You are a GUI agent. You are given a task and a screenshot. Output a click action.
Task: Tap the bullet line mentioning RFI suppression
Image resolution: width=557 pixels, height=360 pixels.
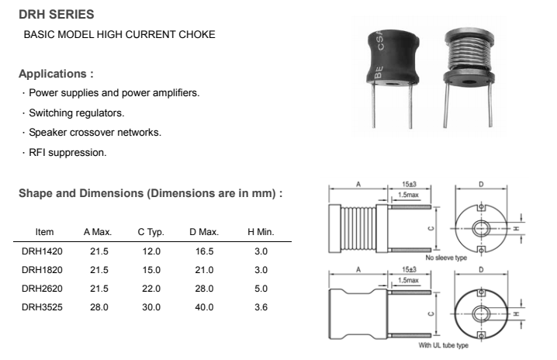point(68,152)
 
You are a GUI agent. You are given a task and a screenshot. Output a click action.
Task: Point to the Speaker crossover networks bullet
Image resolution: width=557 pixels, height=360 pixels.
point(95,132)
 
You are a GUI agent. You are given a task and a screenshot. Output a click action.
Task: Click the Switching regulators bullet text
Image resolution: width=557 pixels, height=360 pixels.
point(87,112)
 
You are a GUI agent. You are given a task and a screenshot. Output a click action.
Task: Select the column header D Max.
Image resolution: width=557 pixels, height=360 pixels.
point(204,232)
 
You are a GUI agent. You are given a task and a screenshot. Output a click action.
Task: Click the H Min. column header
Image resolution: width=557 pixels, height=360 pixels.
point(261,232)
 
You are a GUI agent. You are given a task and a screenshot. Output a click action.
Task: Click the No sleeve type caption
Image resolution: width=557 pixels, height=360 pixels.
point(445,258)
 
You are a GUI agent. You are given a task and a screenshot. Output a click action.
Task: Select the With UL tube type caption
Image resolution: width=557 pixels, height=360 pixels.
point(445,345)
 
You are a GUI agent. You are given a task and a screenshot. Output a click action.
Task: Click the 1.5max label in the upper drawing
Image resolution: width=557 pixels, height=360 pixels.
point(409,193)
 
